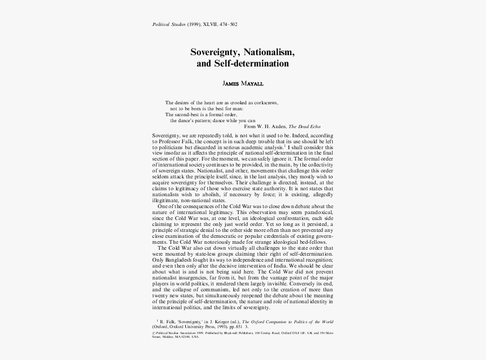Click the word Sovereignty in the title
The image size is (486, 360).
click(x=214, y=53)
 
